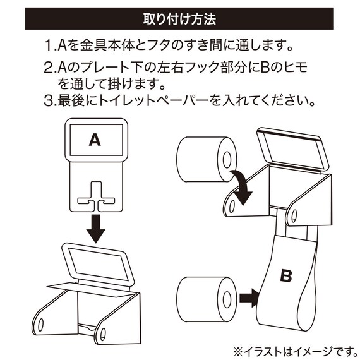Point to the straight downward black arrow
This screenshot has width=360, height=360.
95,227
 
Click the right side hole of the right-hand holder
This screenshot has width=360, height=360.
294,215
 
